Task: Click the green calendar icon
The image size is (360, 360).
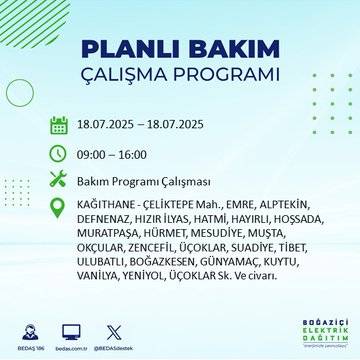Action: coord(59,126)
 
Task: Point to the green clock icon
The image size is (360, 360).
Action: coord(59,155)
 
